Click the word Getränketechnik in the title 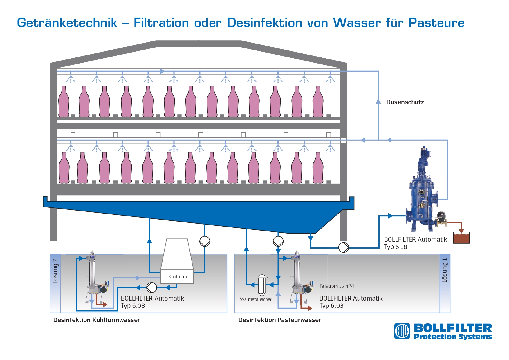(67, 23)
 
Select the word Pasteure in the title (436, 23)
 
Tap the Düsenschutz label (405, 102)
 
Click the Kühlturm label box (177, 276)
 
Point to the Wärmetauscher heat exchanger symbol (262, 285)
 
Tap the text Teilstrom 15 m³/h (337, 286)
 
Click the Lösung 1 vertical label (445, 270)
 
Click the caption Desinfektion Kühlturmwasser (97, 320)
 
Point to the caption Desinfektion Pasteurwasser (280, 320)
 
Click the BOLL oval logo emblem (402, 331)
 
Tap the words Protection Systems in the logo (453, 337)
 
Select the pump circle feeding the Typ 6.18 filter (344, 247)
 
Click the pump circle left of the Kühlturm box (151, 287)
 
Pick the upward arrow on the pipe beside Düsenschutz (378, 101)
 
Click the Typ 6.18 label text (396, 247)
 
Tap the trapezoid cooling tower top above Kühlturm (177, 254)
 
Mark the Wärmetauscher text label (256, 299)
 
